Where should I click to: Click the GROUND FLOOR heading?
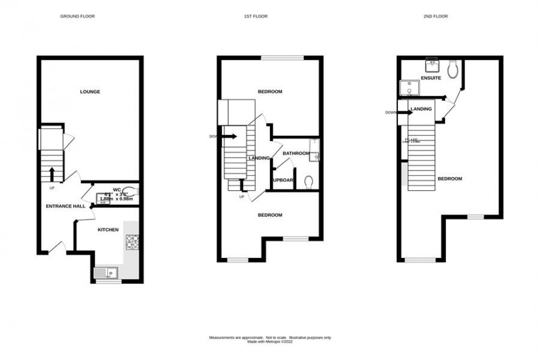click(77, 17)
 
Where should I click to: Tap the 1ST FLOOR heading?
click(256, 17)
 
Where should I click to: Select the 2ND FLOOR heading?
click(436, 17)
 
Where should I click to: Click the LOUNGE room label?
click(90, 92)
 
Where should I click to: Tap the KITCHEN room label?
click(108, 229)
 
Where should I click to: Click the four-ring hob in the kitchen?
click(132, 241)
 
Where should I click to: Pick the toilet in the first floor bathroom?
click(309, 181)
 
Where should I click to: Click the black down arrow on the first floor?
click(230, 136)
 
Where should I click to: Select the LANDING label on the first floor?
click(259, 158)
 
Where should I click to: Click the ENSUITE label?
click(431, 78)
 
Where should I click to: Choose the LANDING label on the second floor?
click(421, 109)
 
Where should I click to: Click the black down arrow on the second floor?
click(403, 112)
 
